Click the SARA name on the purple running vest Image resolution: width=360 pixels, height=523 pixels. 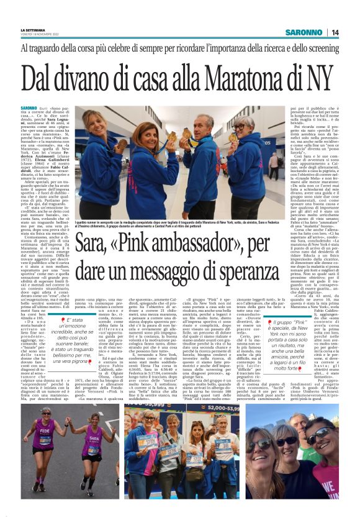(x=93, y=432)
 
